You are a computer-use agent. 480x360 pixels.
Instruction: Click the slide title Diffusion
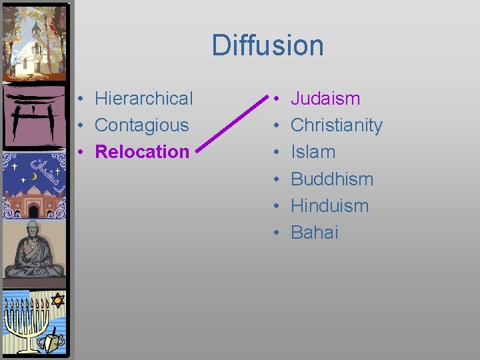(267, 45)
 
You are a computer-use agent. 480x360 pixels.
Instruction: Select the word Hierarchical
(143, 99)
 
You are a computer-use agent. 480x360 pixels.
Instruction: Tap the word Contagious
(141, 125)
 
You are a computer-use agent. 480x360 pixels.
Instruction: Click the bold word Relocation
(142, 152)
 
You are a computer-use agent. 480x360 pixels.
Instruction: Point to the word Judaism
(325, 99)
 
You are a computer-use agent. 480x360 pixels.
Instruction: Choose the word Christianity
(337, 125)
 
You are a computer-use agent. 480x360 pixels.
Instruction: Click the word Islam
(313, 152)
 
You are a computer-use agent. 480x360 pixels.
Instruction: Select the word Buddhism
(332, 179)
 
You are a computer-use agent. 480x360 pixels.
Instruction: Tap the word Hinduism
(329, 205)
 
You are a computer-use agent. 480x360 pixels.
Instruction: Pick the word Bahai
(315, 232)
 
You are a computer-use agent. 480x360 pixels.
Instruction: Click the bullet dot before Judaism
(275, 99)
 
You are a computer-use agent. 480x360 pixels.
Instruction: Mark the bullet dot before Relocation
(79, 153)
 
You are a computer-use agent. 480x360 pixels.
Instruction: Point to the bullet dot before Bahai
(275, 233)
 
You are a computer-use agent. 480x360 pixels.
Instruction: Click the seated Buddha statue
(34, 251)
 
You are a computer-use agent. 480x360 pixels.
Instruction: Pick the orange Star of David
(57, 300)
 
